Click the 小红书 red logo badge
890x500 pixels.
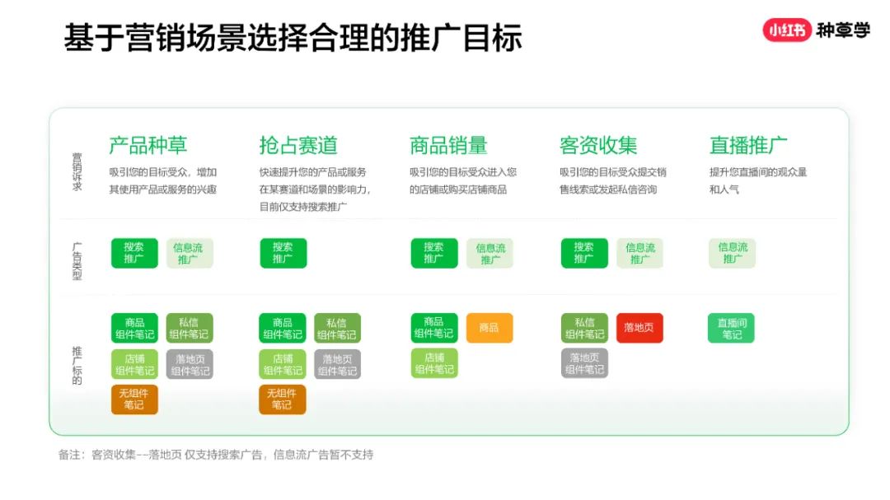pos(787,30)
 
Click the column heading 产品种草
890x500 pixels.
pos(148,145)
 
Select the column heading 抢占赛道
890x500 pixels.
pos(298,145)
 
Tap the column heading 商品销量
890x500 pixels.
pos(448,145)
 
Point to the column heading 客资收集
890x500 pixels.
pos(598,145)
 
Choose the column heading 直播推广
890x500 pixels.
pos(748,145)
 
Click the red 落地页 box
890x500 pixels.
pos(639,328)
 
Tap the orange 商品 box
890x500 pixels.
pos(489,328)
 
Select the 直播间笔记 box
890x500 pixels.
pos(731,328)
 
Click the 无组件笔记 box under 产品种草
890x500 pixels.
pos(134,399)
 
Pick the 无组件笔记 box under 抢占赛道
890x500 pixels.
pos(282,399)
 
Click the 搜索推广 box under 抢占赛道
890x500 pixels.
pos(283,253)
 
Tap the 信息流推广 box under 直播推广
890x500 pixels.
pos(733,253)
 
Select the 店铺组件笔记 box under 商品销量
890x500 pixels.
pos(434,363)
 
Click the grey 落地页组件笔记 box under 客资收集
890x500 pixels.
pos(584,363)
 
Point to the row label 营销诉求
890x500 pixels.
pos(77,171)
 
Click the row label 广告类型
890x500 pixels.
pos(77,261)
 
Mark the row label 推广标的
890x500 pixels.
pos(77,366)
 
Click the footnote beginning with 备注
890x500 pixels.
pos(216,455)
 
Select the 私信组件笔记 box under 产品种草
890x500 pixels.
pos(190,328)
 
